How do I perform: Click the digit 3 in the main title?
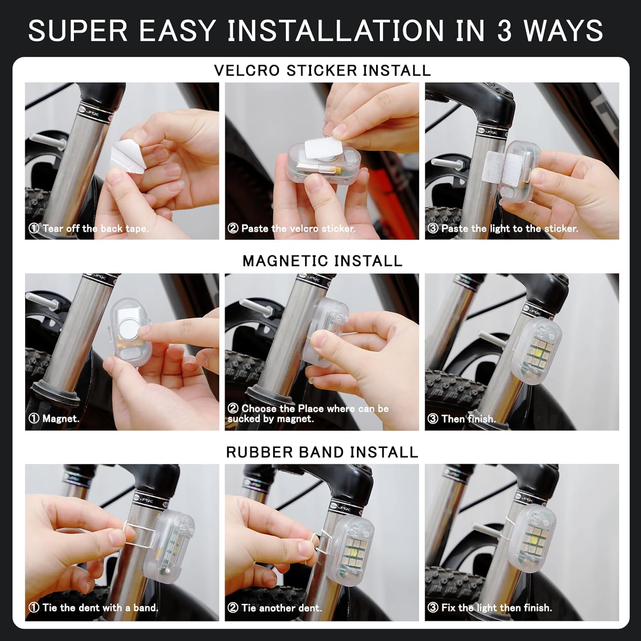coord(504,31)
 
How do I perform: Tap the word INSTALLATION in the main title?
coord(335,31)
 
